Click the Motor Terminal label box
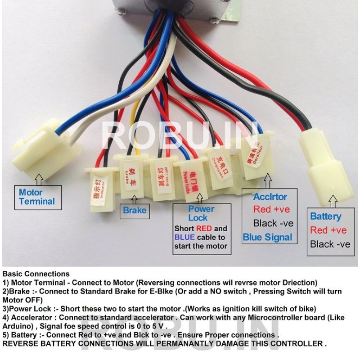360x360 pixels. (37, 197)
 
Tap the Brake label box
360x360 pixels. (135, 210)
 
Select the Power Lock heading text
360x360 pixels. (201, 213)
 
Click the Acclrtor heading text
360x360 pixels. (270, 197)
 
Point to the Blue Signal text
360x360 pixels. (267, 237)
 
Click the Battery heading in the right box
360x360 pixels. (326, 216)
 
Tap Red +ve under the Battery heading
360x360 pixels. (328, 230)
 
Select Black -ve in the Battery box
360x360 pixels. (330, 244)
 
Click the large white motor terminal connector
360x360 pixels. (47, 148)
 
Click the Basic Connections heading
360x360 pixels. (36, 274)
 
